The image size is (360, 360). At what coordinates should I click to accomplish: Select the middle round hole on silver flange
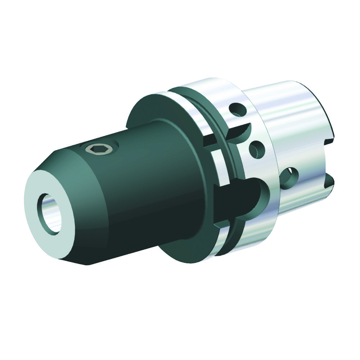pos(257,149)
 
